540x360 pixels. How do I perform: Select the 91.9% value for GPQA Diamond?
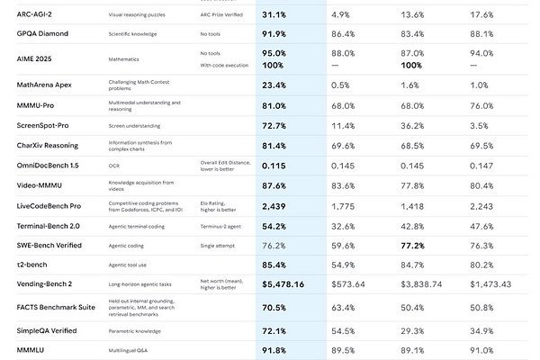(274, 33)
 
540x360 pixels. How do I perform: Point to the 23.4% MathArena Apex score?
(274, 85)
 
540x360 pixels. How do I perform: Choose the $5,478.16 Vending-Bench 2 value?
(283, 283)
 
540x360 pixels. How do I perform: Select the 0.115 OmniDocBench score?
(274, 166)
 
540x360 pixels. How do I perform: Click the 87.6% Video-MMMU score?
(274, 185)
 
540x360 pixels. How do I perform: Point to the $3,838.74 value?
(420, 283)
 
